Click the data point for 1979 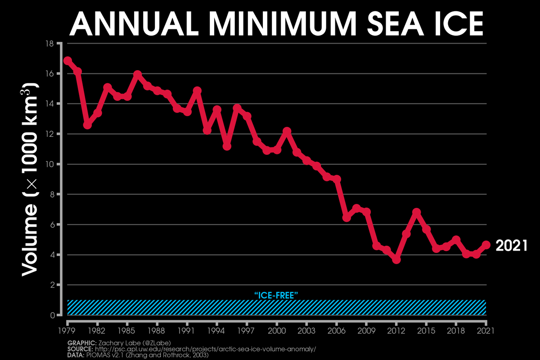pyautogui.click(x=67, y=61)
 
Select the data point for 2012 pyautogui.click(x=396, y=260)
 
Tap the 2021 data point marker pyautogui.click(x=486, y=245)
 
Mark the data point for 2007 pyautogui.click(x=346, y=218)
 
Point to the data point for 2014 pyautogui.click(x=416, y=212)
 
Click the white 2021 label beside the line pyautogui.click(x=511, y=246)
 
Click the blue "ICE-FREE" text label pyautogui.click(x=277, y=295)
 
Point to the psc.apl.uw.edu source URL pyautogui.click(x=211, y=349)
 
